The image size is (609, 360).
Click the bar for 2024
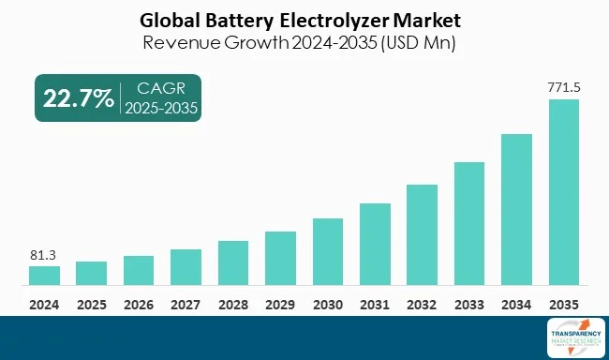click(x=44, y=276)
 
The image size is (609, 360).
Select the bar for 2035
click(x=564, y=192)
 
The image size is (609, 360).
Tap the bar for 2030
click(x=328, y=251)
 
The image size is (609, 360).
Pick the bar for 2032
click(x=423, y=234)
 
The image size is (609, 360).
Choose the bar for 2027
click(x=186, y=267)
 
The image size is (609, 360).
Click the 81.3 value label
click(x=44, y=253)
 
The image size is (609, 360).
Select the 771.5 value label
click(x=564, y=87)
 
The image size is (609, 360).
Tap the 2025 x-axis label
click(x=92, y=305)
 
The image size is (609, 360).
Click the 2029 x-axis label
click(x=280, y=305)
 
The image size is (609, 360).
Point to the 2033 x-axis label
click(x=469, y=305)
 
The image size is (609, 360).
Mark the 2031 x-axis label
click(x=375, y=305)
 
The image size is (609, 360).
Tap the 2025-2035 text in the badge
click(x=161, y=108)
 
